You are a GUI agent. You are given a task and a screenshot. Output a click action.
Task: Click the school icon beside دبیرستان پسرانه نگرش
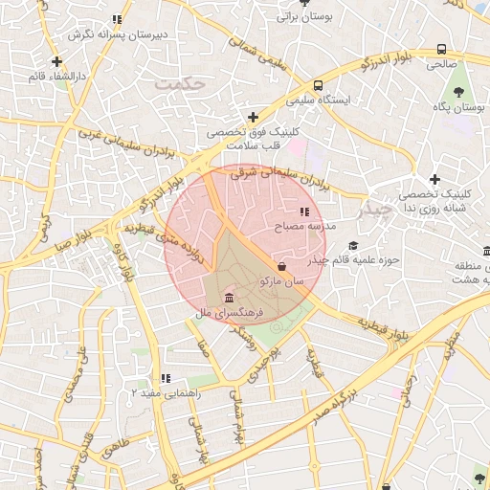tap(117, 19)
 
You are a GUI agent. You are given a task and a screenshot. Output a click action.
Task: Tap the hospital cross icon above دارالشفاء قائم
tap(57, 61)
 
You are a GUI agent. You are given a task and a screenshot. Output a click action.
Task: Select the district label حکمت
tap(180, 85)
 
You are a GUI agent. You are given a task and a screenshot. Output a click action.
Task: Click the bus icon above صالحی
tap(441, 49)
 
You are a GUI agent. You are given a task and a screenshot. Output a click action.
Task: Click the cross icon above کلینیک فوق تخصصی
tap(253, 117)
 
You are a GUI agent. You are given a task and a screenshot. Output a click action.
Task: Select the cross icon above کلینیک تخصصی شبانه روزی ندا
tap(434, 179)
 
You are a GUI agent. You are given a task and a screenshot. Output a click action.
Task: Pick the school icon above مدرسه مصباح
tap(304, 212)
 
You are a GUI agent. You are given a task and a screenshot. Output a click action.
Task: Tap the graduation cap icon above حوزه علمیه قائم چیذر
tap(353, 246)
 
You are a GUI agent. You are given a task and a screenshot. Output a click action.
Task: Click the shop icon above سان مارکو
tap(281, 266)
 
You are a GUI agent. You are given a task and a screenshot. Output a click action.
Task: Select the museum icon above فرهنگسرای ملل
tap(229, 299)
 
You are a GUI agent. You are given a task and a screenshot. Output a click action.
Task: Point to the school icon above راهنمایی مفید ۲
tap(166, 379)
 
